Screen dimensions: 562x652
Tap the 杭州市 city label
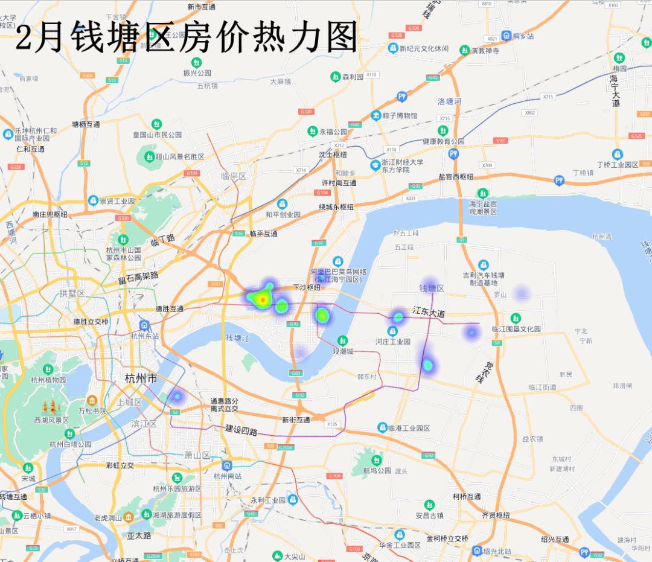(141, 378)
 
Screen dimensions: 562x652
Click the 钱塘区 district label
(432, 289)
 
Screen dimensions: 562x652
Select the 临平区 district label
(234, 176)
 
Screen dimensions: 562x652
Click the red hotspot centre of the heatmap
(263, 299)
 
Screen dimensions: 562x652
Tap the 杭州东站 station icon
(144, 325)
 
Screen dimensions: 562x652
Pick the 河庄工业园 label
(392, 342)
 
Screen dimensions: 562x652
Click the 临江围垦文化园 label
(516, 329)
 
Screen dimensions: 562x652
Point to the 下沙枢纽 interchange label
(307, 287)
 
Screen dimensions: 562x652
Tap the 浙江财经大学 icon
(376, 165)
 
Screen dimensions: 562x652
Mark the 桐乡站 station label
(523, 36)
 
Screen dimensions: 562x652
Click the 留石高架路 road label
(138, 278)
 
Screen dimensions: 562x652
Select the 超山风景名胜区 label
(180, 157)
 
